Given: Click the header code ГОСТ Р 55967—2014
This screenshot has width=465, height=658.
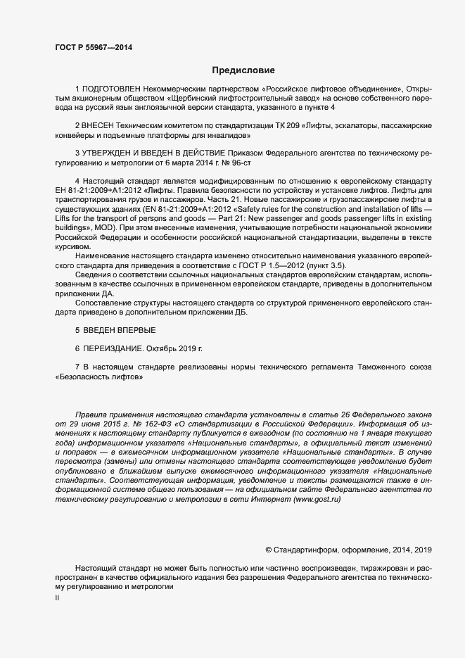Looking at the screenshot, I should pyautogui.click(x=93, y=48).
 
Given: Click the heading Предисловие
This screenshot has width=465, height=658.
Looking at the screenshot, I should pyautogui.click(x=244, y=70).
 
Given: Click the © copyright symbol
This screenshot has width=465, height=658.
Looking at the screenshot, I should pyautogui.click(x=268, y=549).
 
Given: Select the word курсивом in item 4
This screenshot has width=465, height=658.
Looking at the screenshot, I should pyautogui.click(x=72, y=246).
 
